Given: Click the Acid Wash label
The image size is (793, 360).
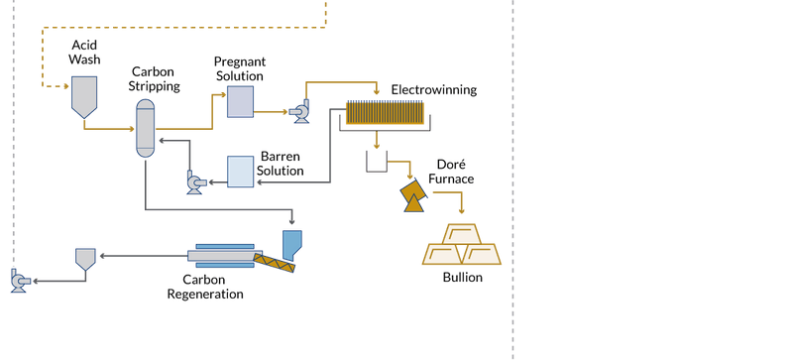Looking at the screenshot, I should (x=84, y=53).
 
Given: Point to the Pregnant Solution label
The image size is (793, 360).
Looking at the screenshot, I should (x=240, y=68).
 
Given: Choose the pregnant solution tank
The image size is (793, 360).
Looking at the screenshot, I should (x=240, y=101).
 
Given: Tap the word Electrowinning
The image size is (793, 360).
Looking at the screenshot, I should (x=434, y=90).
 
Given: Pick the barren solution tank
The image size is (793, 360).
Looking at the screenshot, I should (x=240, y=172).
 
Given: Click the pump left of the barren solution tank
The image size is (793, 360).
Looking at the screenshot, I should (x=195, y=180).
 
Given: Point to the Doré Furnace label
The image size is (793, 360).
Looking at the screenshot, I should (x=456, y=172).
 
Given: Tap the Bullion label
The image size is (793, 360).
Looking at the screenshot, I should (x=462, y=278).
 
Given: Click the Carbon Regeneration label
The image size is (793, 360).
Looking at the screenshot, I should (x=205, y=287).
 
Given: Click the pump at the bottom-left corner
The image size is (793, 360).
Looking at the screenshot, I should (x=17, y=282).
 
